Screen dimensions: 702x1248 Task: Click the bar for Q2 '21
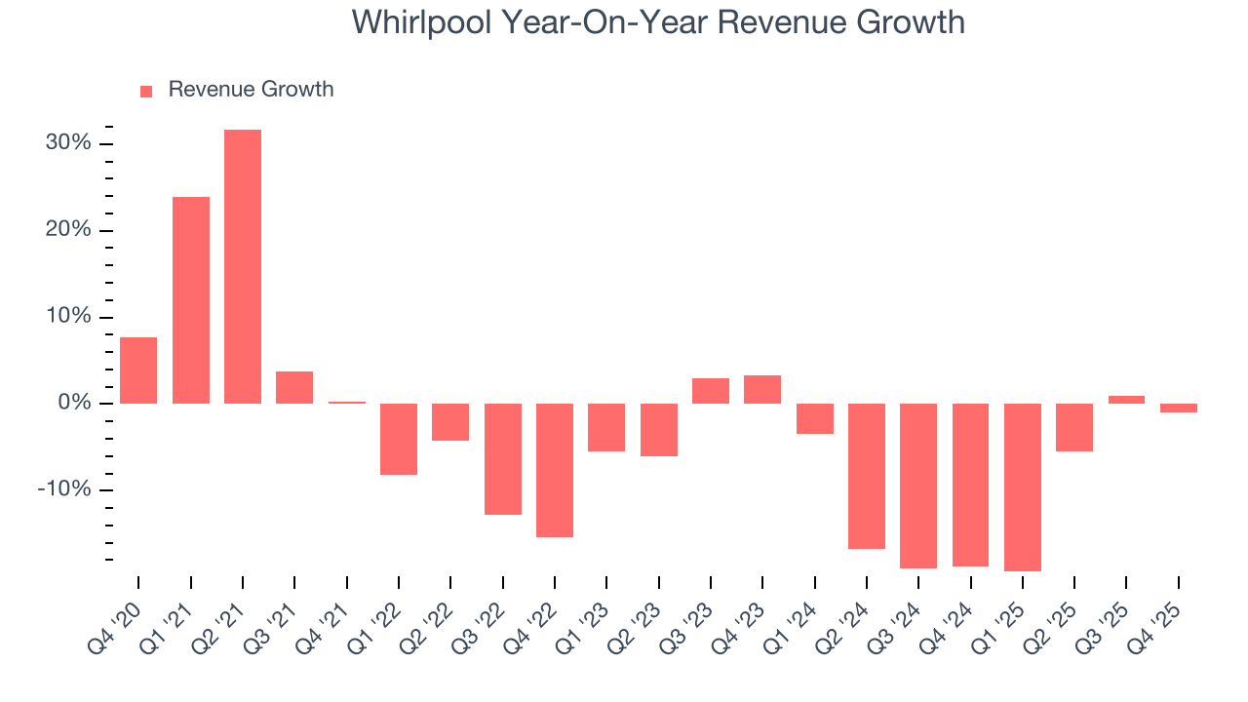[243, 266]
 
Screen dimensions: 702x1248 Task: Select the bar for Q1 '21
[191, 300]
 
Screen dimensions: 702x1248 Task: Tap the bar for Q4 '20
[138, 370]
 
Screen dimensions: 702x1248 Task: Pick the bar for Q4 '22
[555, 470]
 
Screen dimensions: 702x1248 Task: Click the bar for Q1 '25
[1023, 487]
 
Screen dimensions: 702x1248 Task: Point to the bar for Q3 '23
[711, 391]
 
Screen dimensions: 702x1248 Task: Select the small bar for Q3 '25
[1126, 400]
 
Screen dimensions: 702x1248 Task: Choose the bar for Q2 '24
[867, 476]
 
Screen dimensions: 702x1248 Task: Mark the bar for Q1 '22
[399, 439]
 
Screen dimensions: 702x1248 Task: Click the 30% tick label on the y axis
[68, 143]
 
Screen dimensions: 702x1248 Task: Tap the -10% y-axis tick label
[64, 489]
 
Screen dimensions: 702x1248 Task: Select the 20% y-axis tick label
[68, 230]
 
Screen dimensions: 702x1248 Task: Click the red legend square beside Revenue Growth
[146, 91]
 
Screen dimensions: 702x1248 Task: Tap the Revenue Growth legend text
[251, 90]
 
